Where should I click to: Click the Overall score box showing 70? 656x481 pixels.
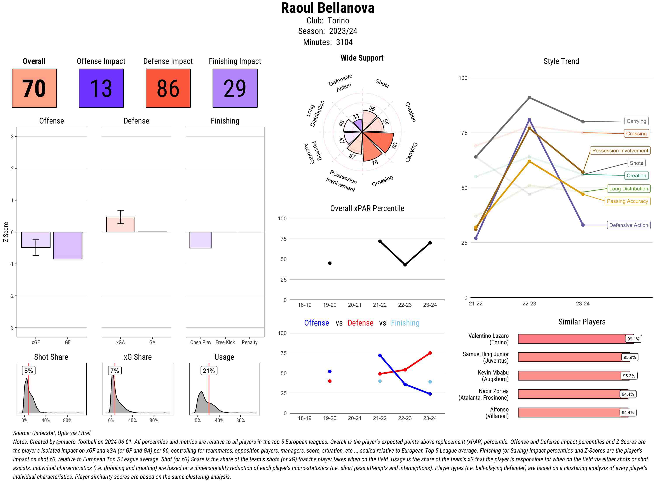tap(34, 88)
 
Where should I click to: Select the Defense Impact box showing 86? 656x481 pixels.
tap(168, 88)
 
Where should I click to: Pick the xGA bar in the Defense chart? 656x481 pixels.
tap(120, 225)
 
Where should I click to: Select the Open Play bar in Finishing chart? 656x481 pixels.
tap(201, 240)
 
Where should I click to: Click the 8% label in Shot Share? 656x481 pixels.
tap(28, 371)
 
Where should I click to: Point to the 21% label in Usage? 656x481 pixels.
tap(209, 371)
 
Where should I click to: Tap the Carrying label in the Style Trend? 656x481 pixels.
tap(636, 121)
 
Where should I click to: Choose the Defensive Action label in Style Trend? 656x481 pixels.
tap(628, 225)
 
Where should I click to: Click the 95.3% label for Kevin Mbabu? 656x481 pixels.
tap(629, 376)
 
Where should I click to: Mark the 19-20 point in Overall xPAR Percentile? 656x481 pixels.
tap(330, 263)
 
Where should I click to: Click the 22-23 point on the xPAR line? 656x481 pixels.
tap(405, 265)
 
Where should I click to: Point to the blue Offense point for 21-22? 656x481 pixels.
tap(380, 356)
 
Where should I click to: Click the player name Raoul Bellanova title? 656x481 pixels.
tap(328, 8)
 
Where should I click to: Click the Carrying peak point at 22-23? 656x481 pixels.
tap(529, 98)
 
